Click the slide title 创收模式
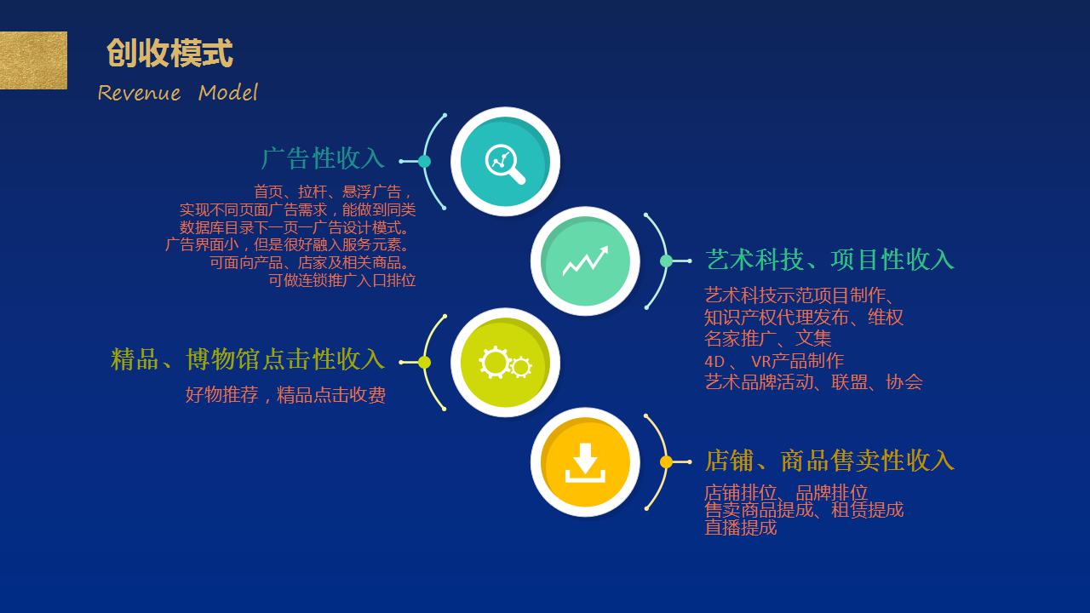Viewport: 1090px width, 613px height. [169, 53]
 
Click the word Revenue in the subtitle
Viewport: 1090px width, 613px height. [139, 93]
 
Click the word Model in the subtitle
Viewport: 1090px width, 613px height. [228, 93]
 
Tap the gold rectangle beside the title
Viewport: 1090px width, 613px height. [33, 60]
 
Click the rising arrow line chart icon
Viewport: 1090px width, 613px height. [585, 261]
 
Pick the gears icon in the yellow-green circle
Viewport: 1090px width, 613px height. [505, 363]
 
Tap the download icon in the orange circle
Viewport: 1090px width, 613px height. [585, 462]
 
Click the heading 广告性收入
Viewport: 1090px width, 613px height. [323, 158]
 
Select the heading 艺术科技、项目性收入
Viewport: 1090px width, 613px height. [829, 260]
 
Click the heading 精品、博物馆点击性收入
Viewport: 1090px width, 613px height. [248, 359]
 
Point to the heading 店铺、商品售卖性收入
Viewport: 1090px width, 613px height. [829, 461]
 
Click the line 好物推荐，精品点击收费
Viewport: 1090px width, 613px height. [285, 394]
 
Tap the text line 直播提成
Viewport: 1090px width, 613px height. [741, 528]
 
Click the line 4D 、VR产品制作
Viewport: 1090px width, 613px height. [774, 361]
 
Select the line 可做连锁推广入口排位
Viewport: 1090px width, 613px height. [342, 281]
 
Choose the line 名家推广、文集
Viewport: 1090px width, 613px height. [768, 339]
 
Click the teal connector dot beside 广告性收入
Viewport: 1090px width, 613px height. [424, 162]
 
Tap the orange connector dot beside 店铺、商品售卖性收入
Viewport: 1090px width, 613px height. [666, 461]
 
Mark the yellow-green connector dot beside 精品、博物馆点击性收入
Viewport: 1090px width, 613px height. [424, 363]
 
